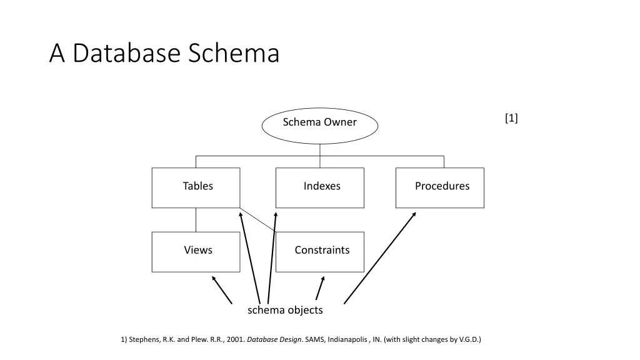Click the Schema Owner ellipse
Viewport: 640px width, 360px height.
tap(319, 126)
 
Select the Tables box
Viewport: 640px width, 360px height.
tap(196, 187)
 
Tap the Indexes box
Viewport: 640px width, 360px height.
tap(319, 187)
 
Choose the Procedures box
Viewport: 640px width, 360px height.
tap(439, 187)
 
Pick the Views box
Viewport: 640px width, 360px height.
tap(196, 252)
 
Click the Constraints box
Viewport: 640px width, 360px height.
tap(319, 252)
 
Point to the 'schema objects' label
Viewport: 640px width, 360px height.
tap(285, 310)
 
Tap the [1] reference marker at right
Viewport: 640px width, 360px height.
tap(511, 118)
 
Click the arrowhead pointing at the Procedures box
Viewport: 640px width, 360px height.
tap(414, 214)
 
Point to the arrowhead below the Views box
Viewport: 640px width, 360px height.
tap(214, 279)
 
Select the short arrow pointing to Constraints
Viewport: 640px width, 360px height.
tap(320, 288)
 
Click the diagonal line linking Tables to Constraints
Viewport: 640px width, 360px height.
tap(257, 219)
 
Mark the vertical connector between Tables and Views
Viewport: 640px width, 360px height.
tap(196, 220)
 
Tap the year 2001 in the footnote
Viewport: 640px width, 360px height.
tap(234, 340)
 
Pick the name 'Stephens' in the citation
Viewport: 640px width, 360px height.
tap(144, 340)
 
